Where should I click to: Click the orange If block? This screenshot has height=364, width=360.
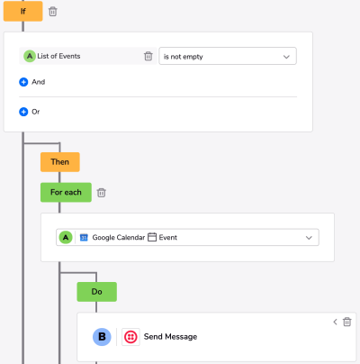[x=22, y=11]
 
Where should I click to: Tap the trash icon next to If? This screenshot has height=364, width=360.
[x=53, y=12]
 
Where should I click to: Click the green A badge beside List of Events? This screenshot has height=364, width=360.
[x=30, y=56]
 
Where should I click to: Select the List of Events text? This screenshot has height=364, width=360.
[x=58, y=56]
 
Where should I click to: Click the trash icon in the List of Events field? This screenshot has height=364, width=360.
[x=148, y=56]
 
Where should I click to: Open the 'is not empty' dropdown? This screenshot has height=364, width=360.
[x=228, y=56]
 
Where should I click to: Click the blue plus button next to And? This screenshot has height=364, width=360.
[x=23, y=82]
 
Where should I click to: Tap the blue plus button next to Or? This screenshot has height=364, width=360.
[x=23, y=112]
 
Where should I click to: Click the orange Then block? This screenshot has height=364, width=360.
[x=60, y=162]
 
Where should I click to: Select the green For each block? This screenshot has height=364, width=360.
[x=66, y=192]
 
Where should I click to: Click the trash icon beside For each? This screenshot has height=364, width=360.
[x=102, y=193]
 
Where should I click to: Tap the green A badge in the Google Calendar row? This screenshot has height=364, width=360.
[x=66, y=238]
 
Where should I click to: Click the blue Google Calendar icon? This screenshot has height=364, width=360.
[x=84, y=238]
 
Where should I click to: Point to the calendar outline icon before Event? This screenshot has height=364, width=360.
[x=152, y=237]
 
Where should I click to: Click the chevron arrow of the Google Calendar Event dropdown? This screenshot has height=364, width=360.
[x=309, y=238]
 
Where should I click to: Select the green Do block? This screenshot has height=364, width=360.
[x=96, y=292]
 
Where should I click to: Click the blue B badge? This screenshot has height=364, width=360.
[x=102, y=337]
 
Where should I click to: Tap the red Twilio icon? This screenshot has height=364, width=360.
[x=130, y=337]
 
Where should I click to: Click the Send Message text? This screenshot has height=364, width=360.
[x=170, y=337]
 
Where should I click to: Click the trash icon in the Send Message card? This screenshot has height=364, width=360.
[x=347, y=322]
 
